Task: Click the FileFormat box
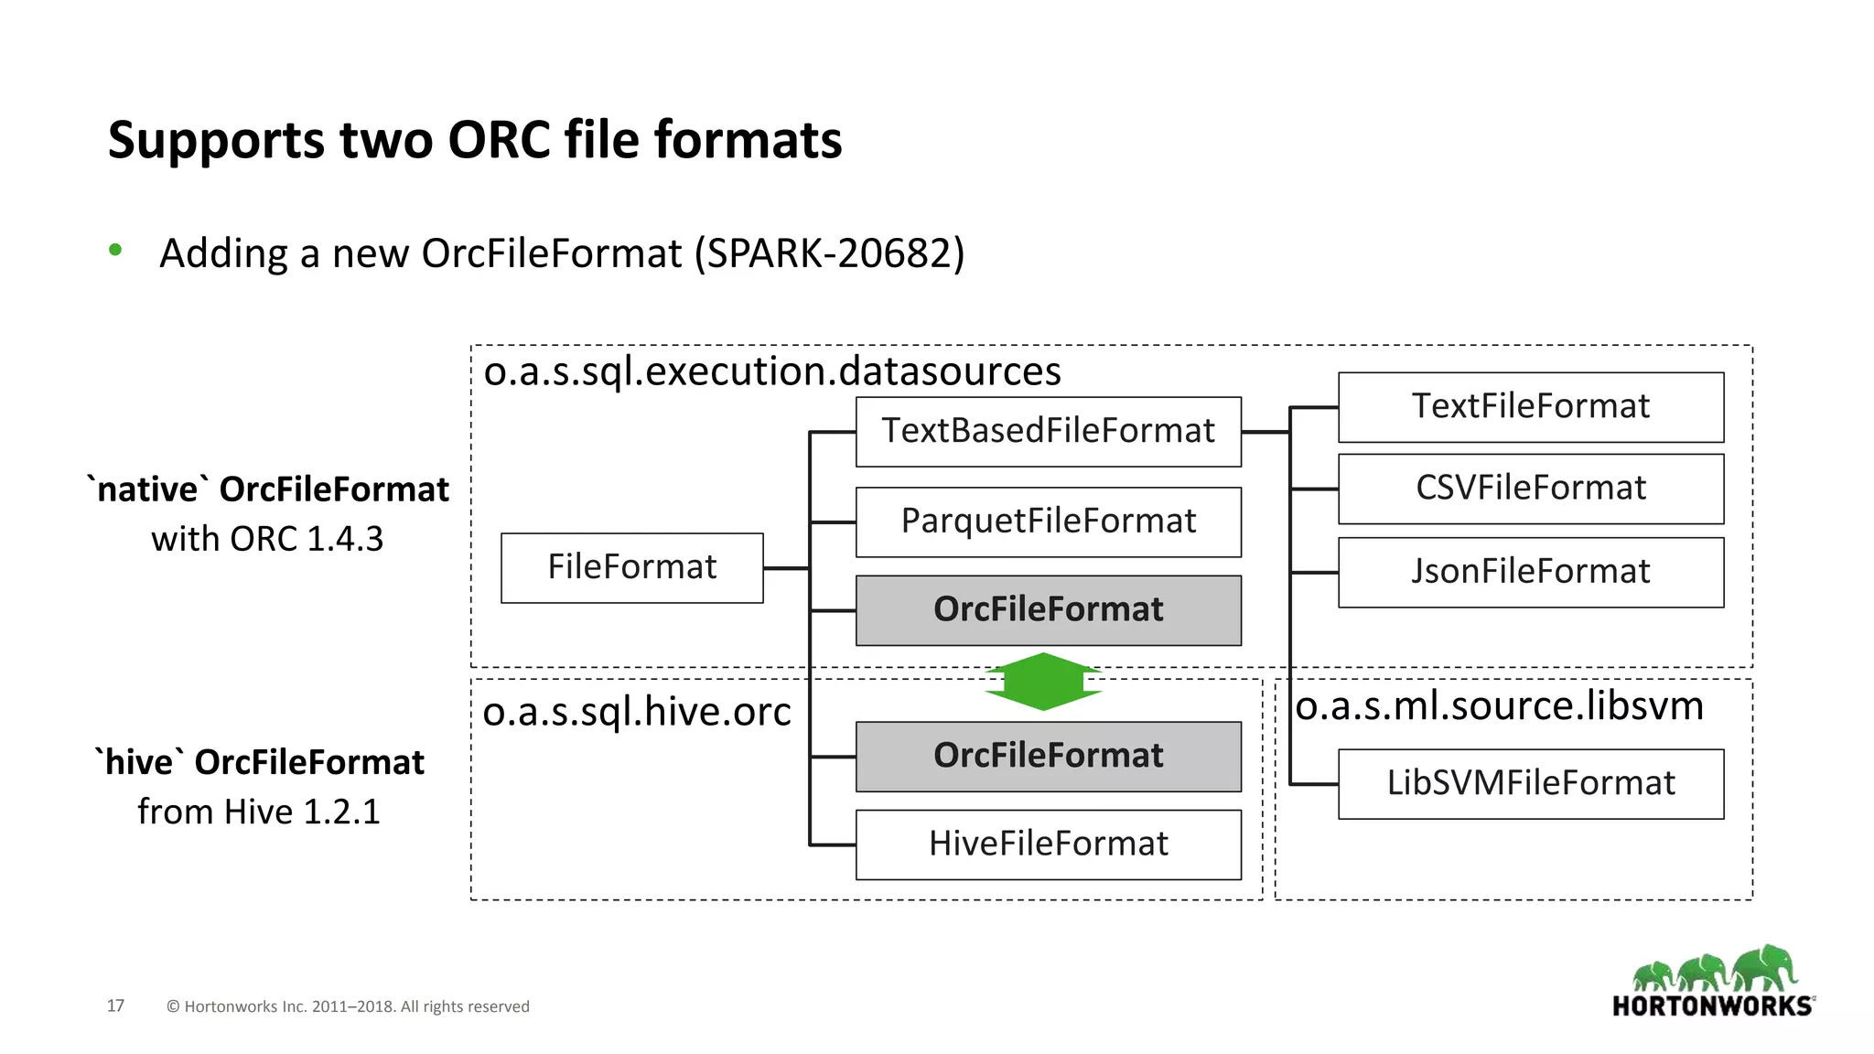[631, 567]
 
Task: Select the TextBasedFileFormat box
[1048, 431]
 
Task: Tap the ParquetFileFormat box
[1048, 522]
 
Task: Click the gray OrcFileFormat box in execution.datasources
[1048, 610]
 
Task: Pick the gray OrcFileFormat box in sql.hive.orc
[1048, 757]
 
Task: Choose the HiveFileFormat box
[1048, 844]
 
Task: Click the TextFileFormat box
[1530, 407]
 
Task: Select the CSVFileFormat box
[1530, 489]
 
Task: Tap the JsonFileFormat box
[1530, 572]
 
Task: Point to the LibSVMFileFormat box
[1530, 784]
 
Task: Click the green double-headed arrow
[1043, 682]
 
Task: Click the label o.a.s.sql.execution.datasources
[771, 371]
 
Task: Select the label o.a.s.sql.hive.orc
[636, 712]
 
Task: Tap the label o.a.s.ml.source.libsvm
[1499, 705]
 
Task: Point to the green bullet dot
[115, 250]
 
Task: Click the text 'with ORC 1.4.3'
[267, 539]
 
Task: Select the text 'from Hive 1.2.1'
[259, 812]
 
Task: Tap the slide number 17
[115, 1006]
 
